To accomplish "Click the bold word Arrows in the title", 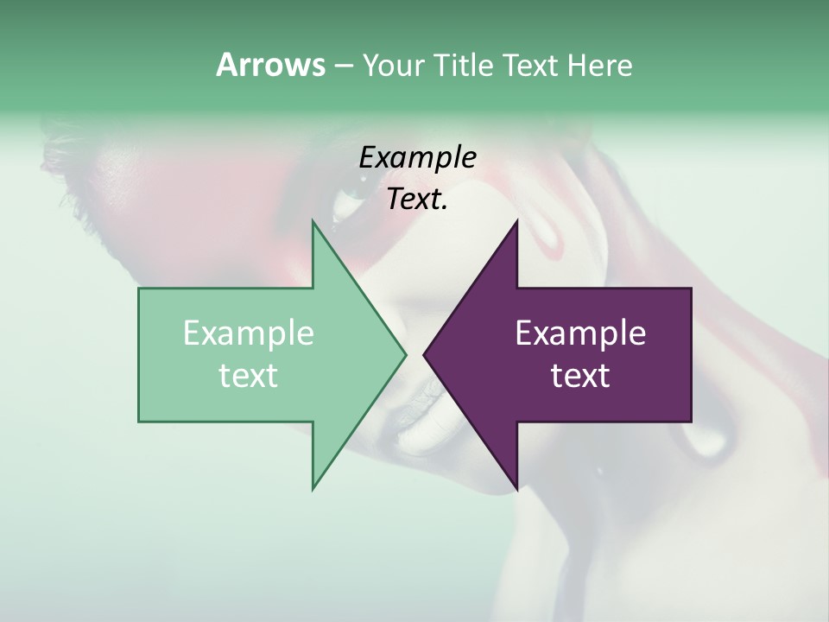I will (x=269, y=65).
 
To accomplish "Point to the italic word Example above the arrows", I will (x=417, y=158).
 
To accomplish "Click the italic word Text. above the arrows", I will (x=417, y=200).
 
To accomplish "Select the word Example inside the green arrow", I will (x=248, y=333).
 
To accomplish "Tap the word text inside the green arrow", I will (x=248, y=376).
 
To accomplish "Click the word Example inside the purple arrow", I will (x=580, y=333).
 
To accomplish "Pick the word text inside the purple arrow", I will (x=580, y=376).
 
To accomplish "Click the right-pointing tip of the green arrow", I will (x=404, y=354).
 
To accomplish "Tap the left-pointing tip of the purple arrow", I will (x=425, y=354).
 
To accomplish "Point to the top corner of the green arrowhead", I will (x=313, y=222).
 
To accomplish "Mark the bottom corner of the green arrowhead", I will (x=313, y=488).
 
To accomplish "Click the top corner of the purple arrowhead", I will (x=516, y=222).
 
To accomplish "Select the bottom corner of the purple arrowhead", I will (x=516, y=488).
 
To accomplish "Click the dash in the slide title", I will (x=342, y=66).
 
